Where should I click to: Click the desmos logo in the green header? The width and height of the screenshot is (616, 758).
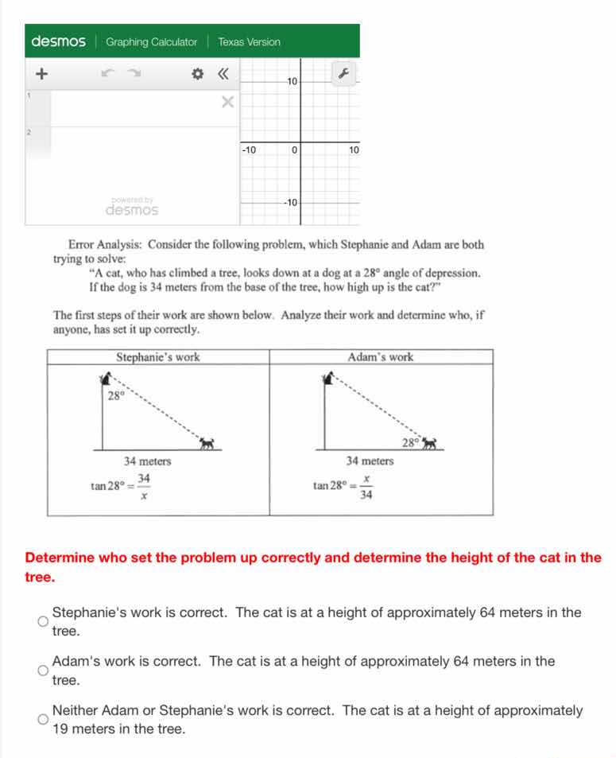58,41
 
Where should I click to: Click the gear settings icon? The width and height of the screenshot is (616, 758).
198,75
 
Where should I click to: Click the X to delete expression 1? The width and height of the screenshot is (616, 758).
228,102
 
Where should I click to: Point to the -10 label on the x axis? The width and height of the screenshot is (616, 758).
249,150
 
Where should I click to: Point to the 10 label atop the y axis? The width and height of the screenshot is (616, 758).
292,81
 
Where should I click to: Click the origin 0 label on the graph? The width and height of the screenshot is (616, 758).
294,150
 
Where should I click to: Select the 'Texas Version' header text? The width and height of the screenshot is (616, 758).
249,42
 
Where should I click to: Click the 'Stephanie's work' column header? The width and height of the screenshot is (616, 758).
158,357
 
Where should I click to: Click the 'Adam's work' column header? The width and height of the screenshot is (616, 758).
381,357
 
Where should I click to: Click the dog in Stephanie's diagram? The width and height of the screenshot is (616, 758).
208,442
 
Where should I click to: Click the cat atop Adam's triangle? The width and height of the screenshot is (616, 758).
327,379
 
